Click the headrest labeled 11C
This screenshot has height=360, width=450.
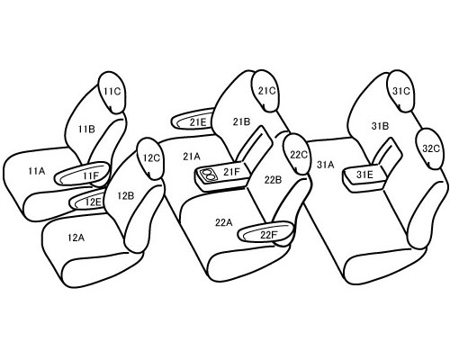point(112,93)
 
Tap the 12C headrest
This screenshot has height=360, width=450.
point(150,158)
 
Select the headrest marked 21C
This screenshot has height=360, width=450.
point(265,91)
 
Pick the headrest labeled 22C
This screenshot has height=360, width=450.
point(297,154)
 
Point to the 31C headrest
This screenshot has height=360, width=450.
point(400,91)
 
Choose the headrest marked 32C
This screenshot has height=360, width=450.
point(429,148)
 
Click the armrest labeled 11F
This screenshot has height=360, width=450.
point(82,174)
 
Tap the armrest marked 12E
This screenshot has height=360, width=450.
point(87,201)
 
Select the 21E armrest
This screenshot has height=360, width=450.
point(193,120)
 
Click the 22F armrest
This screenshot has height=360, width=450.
point(265,232)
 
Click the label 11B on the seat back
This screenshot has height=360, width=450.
point(86,130)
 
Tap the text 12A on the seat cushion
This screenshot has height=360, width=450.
point(76,238)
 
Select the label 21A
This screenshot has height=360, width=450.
point(192,157)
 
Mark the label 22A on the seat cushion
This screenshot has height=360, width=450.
point(223,222)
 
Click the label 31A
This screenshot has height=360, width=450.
point(325,165)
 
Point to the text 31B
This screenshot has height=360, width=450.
point(380,126)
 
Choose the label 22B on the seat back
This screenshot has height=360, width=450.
point(273,180)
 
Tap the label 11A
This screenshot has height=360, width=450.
point(37,171)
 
